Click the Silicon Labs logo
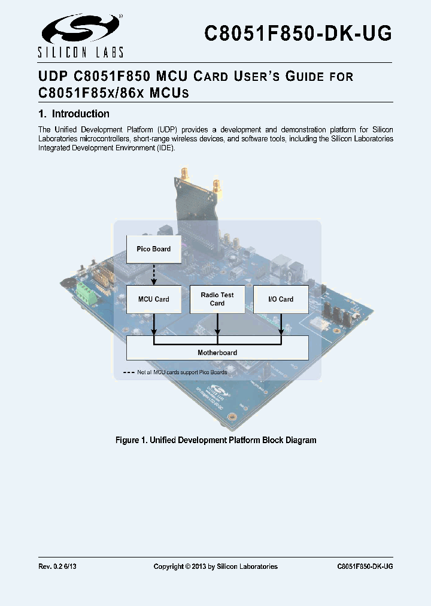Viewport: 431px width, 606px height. (x=81, y=35)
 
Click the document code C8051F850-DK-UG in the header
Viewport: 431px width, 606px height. (x=298, y=34)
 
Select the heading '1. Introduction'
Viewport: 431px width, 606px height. (x=74, y=114)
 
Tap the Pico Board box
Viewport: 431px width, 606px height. (x=153, y=249)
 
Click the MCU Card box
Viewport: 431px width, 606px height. (x=153, y=299)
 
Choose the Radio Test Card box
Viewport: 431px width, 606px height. (x=217, y=299)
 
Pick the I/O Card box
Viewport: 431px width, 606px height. (x=281, y=299)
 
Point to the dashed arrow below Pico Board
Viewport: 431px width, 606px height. (x=153, y=274)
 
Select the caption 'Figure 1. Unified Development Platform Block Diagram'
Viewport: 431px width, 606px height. (x=215, y=440)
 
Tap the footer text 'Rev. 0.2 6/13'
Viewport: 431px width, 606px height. (x=57, y=566)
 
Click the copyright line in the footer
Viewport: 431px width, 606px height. (x=215, y=566)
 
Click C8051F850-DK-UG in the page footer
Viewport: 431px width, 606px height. (x=365, y=566)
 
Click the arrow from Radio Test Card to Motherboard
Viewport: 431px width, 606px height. (x=217, y=325)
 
